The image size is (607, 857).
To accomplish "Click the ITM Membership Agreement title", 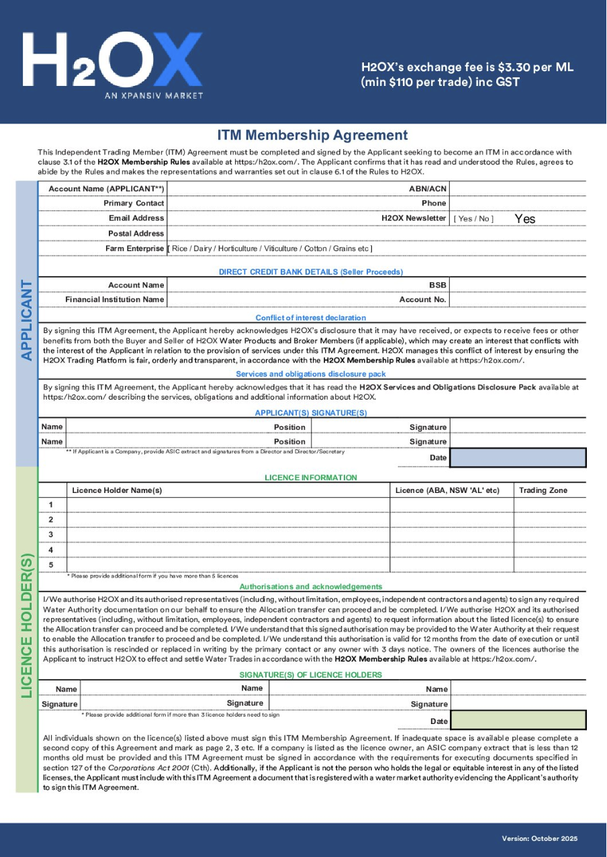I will click(312, 136).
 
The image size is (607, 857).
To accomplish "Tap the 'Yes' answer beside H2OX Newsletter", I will click(525, 219).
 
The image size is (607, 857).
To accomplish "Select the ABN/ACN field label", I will click(428, 189).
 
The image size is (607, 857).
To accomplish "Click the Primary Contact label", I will click(134, 204).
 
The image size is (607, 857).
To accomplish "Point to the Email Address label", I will click(136, 218).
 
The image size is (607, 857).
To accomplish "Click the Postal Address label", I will click(136, 234).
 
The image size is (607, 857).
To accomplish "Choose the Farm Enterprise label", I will click(134, 249).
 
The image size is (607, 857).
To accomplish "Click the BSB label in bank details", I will click(438, 285).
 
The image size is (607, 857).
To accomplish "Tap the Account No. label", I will click(423, 300).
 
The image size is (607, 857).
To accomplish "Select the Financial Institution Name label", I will click(114, 300).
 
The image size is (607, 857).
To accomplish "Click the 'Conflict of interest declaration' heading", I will click(311, 318).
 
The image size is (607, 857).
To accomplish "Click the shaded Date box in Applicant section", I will click(518, 458).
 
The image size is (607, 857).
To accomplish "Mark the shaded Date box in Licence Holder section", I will click(518, 721).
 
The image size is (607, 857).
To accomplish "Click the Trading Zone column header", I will click(543, 490).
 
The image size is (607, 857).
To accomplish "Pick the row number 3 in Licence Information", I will click(50, 535).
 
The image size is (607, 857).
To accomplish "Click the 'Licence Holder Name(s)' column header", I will click(117, 490).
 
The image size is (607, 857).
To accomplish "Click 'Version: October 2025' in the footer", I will click(539, 838).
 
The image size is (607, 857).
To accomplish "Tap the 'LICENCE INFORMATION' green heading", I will click(311, 478).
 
